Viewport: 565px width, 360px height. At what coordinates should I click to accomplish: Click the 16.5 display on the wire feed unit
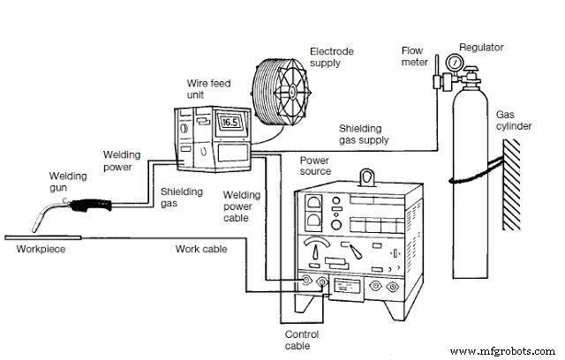pos(230,122)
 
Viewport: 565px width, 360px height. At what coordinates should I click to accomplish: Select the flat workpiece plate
pos(45,237)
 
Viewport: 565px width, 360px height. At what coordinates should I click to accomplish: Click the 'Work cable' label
pos(202,250)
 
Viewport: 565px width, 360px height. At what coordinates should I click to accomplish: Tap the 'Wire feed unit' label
pos(204,88)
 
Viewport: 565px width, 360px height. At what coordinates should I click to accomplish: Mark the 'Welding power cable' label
pos(239,206)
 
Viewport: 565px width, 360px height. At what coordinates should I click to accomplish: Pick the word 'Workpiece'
pos(40,250)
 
